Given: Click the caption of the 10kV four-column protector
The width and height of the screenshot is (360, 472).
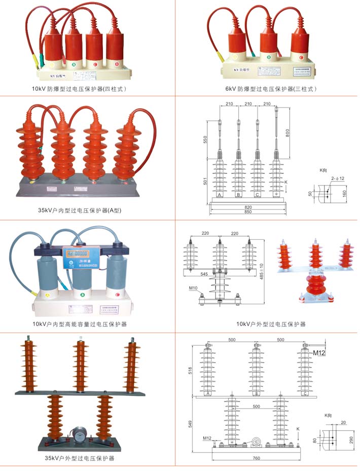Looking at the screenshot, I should coord(79,89).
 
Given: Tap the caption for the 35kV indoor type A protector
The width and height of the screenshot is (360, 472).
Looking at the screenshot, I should coord(80,210).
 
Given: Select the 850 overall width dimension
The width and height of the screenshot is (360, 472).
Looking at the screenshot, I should coord(248,212).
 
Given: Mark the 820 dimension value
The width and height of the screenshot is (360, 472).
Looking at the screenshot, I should coord(248,207).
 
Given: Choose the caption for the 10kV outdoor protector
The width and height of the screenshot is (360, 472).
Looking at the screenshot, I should coord(271,324).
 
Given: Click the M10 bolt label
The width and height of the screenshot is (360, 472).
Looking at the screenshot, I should coord(193,288).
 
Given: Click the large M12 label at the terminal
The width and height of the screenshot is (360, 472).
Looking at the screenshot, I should coord(319,352).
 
